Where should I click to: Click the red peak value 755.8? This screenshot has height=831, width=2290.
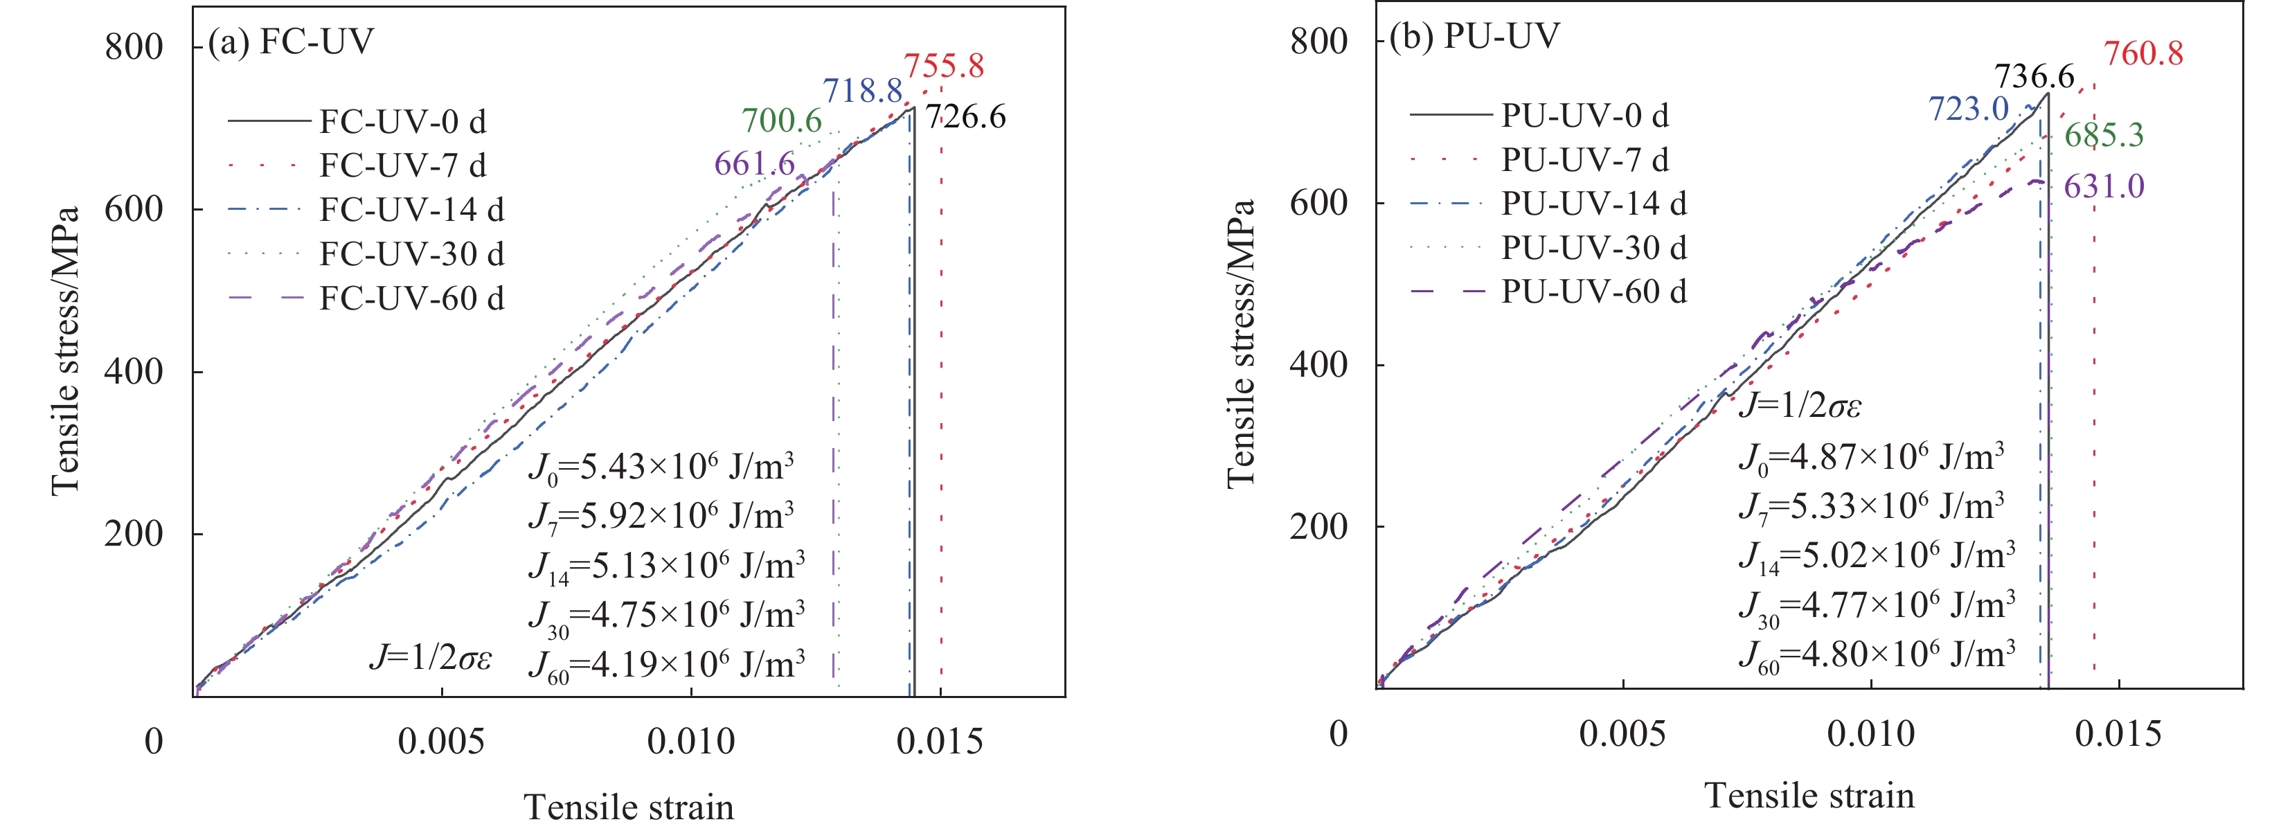pos(943,66)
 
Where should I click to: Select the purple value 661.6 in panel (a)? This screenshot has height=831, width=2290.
pos(754,163)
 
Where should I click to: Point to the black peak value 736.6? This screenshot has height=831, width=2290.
pos(2033,76)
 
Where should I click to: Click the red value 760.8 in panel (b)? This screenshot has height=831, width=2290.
pos(2143,54)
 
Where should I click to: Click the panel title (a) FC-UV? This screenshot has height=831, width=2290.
pos(291,42)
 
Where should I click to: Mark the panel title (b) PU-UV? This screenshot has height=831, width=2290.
pos(1474,35)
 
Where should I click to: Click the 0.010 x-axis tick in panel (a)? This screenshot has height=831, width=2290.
pos(690,740)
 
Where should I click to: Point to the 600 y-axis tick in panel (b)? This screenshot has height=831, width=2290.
pos(1318,203)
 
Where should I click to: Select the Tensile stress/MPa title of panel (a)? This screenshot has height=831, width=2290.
pos(66,351)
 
